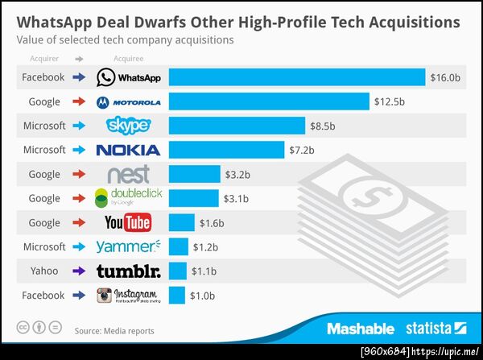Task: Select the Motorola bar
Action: point(269,101)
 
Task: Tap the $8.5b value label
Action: point(322,126)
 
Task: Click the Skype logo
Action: point(128,126)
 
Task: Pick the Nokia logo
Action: point(128,150)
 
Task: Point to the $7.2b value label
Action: point(301,150)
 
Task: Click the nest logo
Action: point(128,174)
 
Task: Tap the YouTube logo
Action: point(128,222)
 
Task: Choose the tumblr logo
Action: point(128,271)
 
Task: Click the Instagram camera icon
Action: point(104,295)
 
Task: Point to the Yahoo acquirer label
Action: point(44,271)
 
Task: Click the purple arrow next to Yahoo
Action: point(78,271)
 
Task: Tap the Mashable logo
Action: point(360,329)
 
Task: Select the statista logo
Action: point(435,329)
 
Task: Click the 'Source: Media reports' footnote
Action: point(114,330)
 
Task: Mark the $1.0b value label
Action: point(202,295)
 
